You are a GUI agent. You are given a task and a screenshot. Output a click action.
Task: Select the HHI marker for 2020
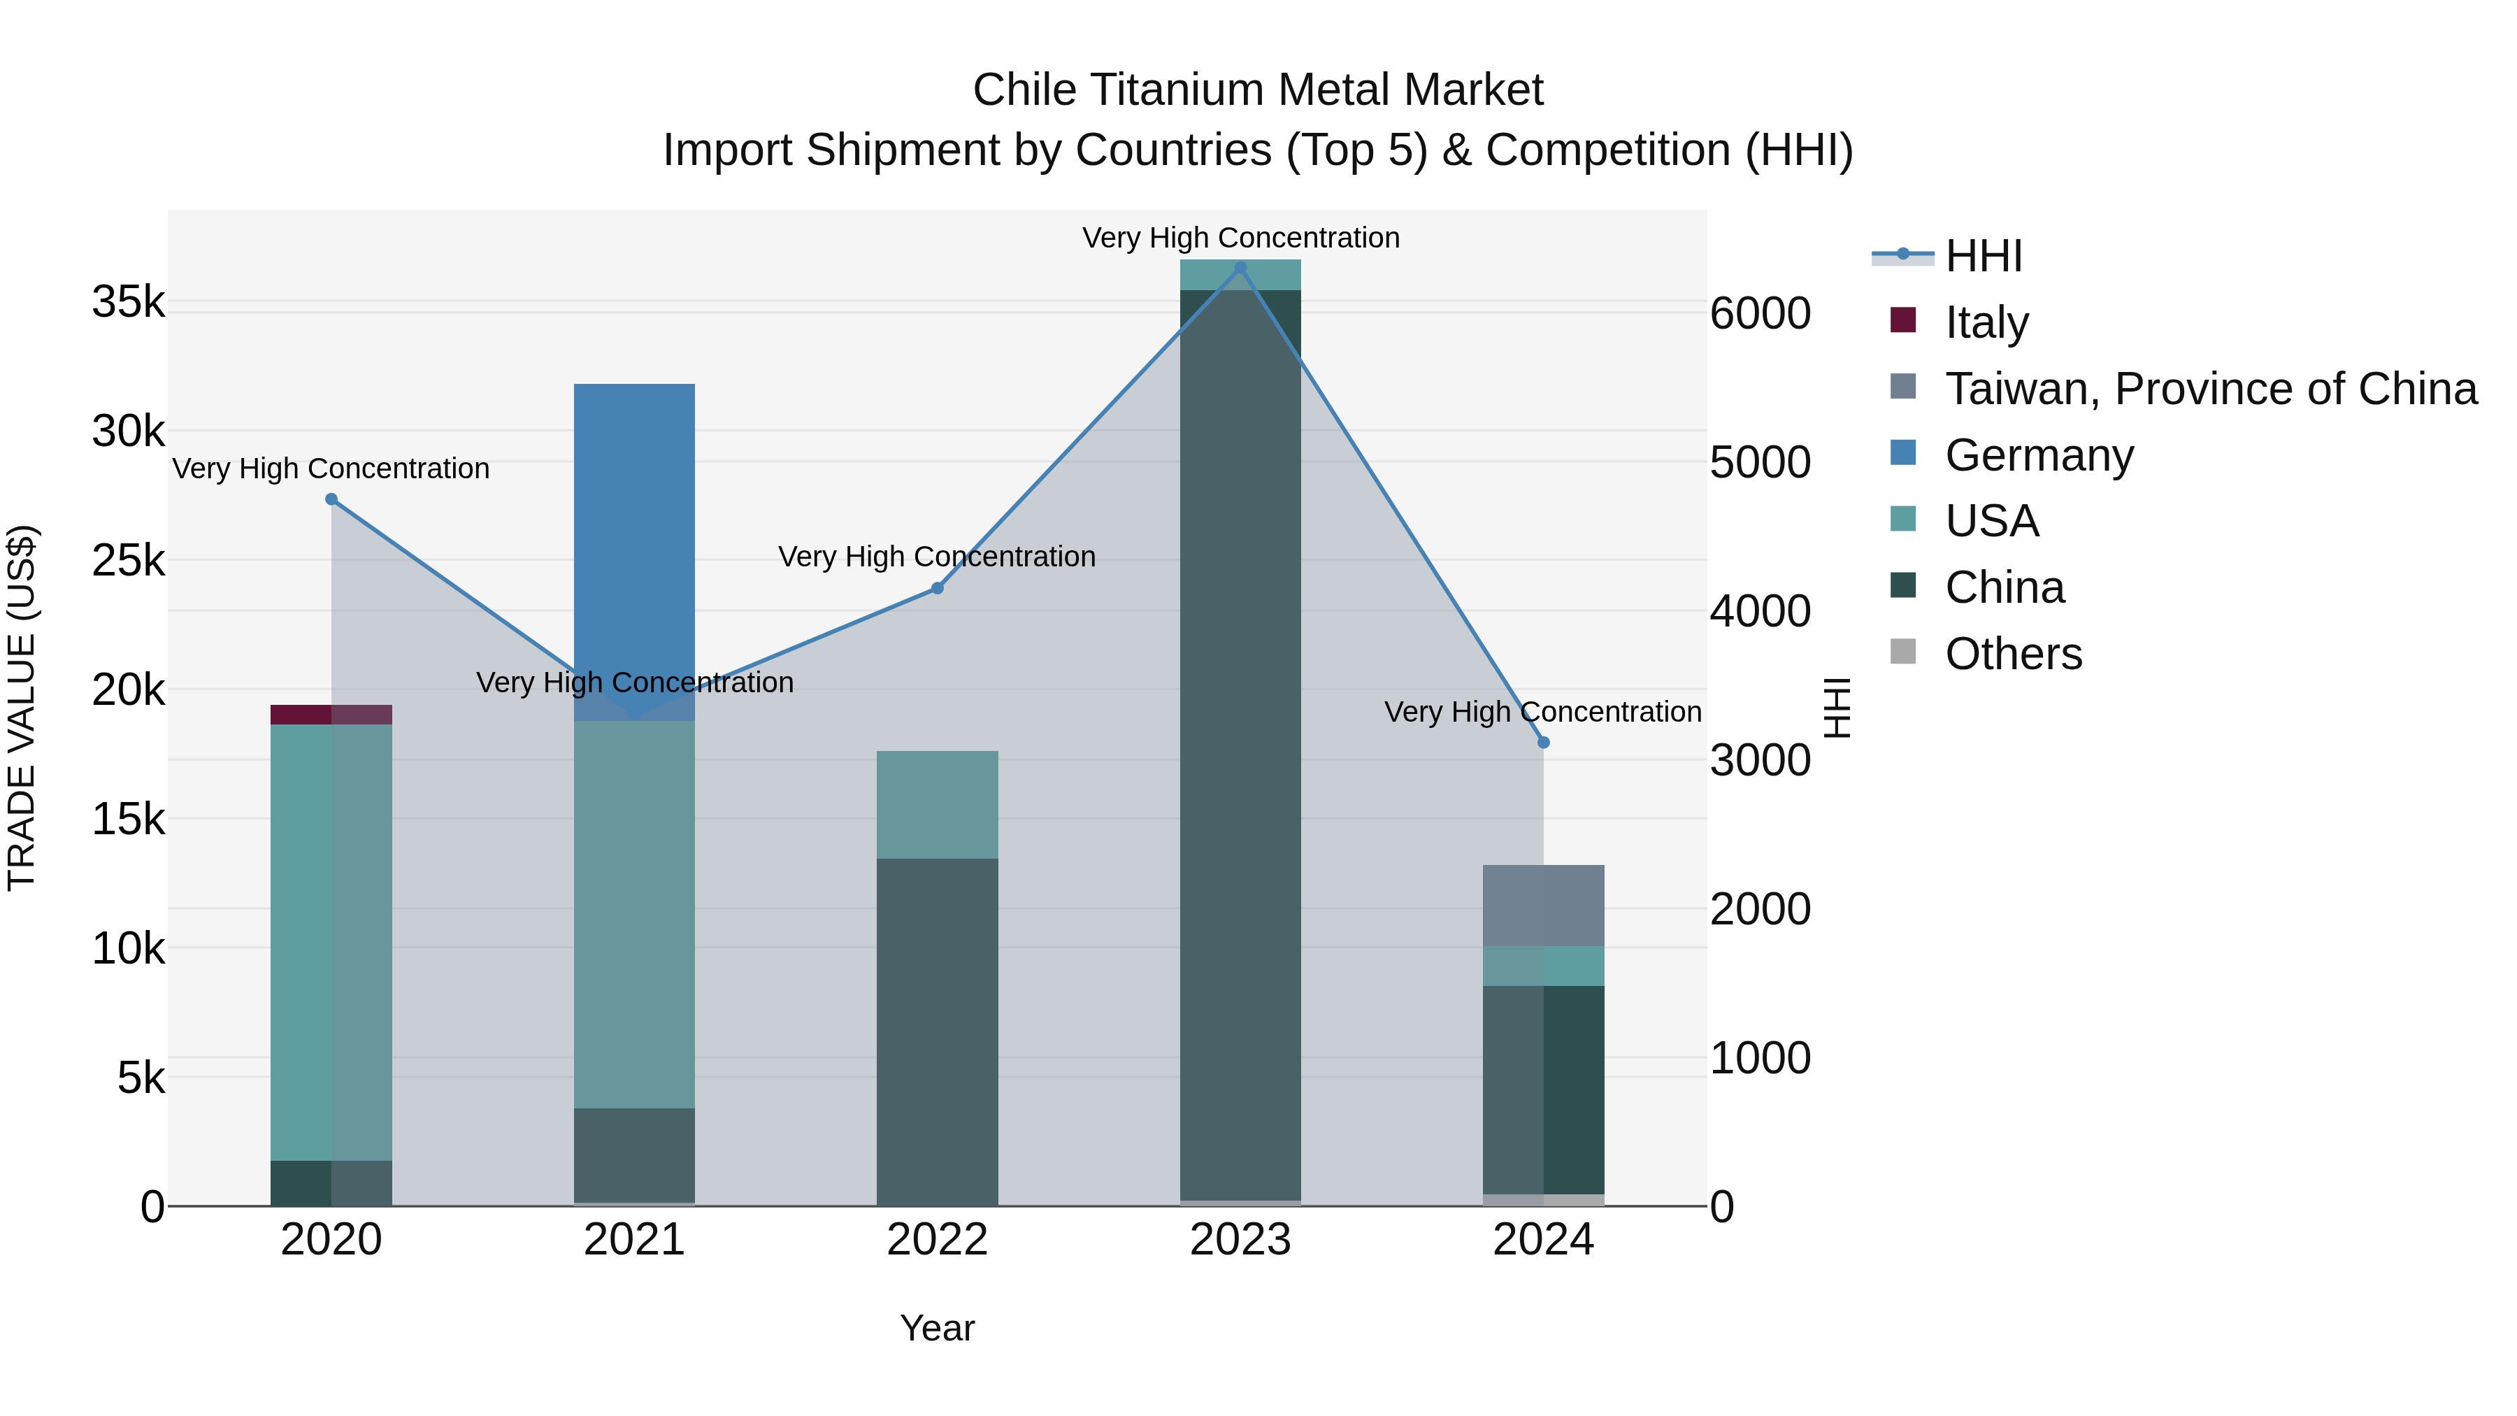pos(331,499)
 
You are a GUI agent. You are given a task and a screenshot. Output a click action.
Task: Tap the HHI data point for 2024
pos(1544,743)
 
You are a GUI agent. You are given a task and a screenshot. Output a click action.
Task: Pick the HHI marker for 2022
pos(937,588)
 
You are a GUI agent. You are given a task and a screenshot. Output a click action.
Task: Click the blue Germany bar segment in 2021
pos(634,528)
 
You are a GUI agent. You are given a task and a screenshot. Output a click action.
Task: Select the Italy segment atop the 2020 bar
pos(331,715)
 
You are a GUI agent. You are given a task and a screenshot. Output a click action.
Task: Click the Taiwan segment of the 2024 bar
pos(1544,906)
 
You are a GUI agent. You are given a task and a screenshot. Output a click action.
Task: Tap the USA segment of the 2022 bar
pos(937,804)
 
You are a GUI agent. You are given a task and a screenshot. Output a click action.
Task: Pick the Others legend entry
pos(2013,654)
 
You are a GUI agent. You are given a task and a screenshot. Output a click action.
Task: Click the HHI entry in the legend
pos(1983,256)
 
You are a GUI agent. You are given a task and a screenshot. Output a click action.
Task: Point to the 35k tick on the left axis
pos(128,302)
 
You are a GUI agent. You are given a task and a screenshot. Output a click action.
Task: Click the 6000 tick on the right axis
pos(1760,314)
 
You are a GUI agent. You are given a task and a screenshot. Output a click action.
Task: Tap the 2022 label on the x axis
pos(937,1240)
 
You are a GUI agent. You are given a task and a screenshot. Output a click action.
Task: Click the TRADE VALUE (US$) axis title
pos(22,708)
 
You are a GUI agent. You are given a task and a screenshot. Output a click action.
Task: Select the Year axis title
pos(937,1328)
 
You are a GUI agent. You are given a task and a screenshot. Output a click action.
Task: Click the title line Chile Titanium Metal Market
pos(1258,90)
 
